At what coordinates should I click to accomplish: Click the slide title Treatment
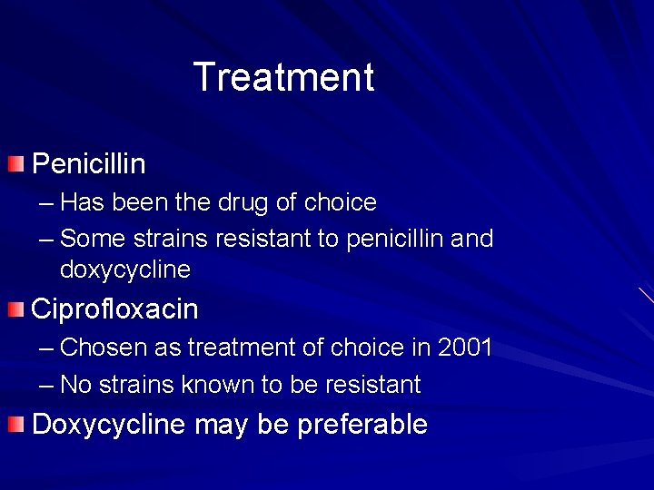283,77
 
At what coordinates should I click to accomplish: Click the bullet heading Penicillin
88,164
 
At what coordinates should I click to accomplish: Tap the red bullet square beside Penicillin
15,164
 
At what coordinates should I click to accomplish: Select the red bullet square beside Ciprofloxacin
15,309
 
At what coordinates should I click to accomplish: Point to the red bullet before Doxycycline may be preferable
15,425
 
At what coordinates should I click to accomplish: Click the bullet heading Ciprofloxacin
114,309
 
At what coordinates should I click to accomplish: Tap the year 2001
464,348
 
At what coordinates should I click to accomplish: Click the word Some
93,240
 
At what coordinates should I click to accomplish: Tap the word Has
80,202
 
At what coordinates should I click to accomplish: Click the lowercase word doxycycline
124,269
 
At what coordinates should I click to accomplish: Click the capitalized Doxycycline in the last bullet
108,425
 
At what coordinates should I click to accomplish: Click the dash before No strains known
47,386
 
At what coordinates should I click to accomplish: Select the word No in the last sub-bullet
75,385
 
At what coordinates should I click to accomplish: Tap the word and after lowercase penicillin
472,240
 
